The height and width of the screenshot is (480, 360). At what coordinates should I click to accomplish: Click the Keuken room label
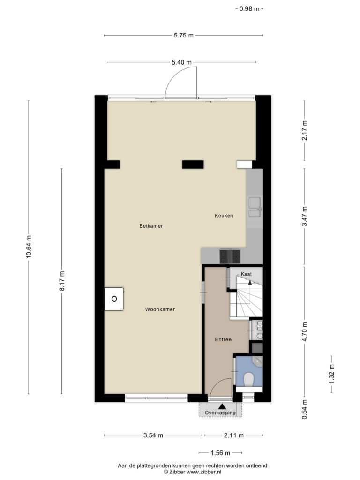tap(224, 216)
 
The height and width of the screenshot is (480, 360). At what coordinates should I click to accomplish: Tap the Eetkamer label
tap(151, 226)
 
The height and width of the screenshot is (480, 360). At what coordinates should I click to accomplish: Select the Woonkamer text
tap(160, 309)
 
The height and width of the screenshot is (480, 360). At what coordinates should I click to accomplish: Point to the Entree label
tap(223, 339)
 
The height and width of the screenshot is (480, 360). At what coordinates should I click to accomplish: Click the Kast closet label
tap(247, 274)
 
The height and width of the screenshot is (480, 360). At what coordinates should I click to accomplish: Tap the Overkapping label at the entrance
tap(220, 412)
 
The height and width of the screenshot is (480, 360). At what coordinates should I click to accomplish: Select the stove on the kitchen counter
tap(230, 256)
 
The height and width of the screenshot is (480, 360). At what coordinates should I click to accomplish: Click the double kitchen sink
tap(255, 207)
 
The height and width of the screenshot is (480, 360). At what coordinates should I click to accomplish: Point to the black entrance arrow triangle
tap(222, 406)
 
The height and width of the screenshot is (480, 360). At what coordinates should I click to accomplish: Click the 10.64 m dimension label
tap(29, 247)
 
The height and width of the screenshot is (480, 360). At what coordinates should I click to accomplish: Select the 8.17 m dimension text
tap(62, 281)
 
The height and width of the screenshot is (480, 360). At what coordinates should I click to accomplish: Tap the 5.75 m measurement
tap(184, 35)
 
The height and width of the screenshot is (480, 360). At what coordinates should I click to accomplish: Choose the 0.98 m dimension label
tap(249, 8)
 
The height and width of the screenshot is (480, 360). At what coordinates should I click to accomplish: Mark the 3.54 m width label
tap(153, 435)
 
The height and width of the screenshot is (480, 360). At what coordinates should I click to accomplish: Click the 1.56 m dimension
tap(220, 453)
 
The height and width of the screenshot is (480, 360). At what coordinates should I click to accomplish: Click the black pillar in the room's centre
tap(193, 165)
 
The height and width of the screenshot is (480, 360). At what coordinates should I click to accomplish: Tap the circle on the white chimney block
tap(114, 299)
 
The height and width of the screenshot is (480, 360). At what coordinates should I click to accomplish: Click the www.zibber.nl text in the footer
tap(204, 472)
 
